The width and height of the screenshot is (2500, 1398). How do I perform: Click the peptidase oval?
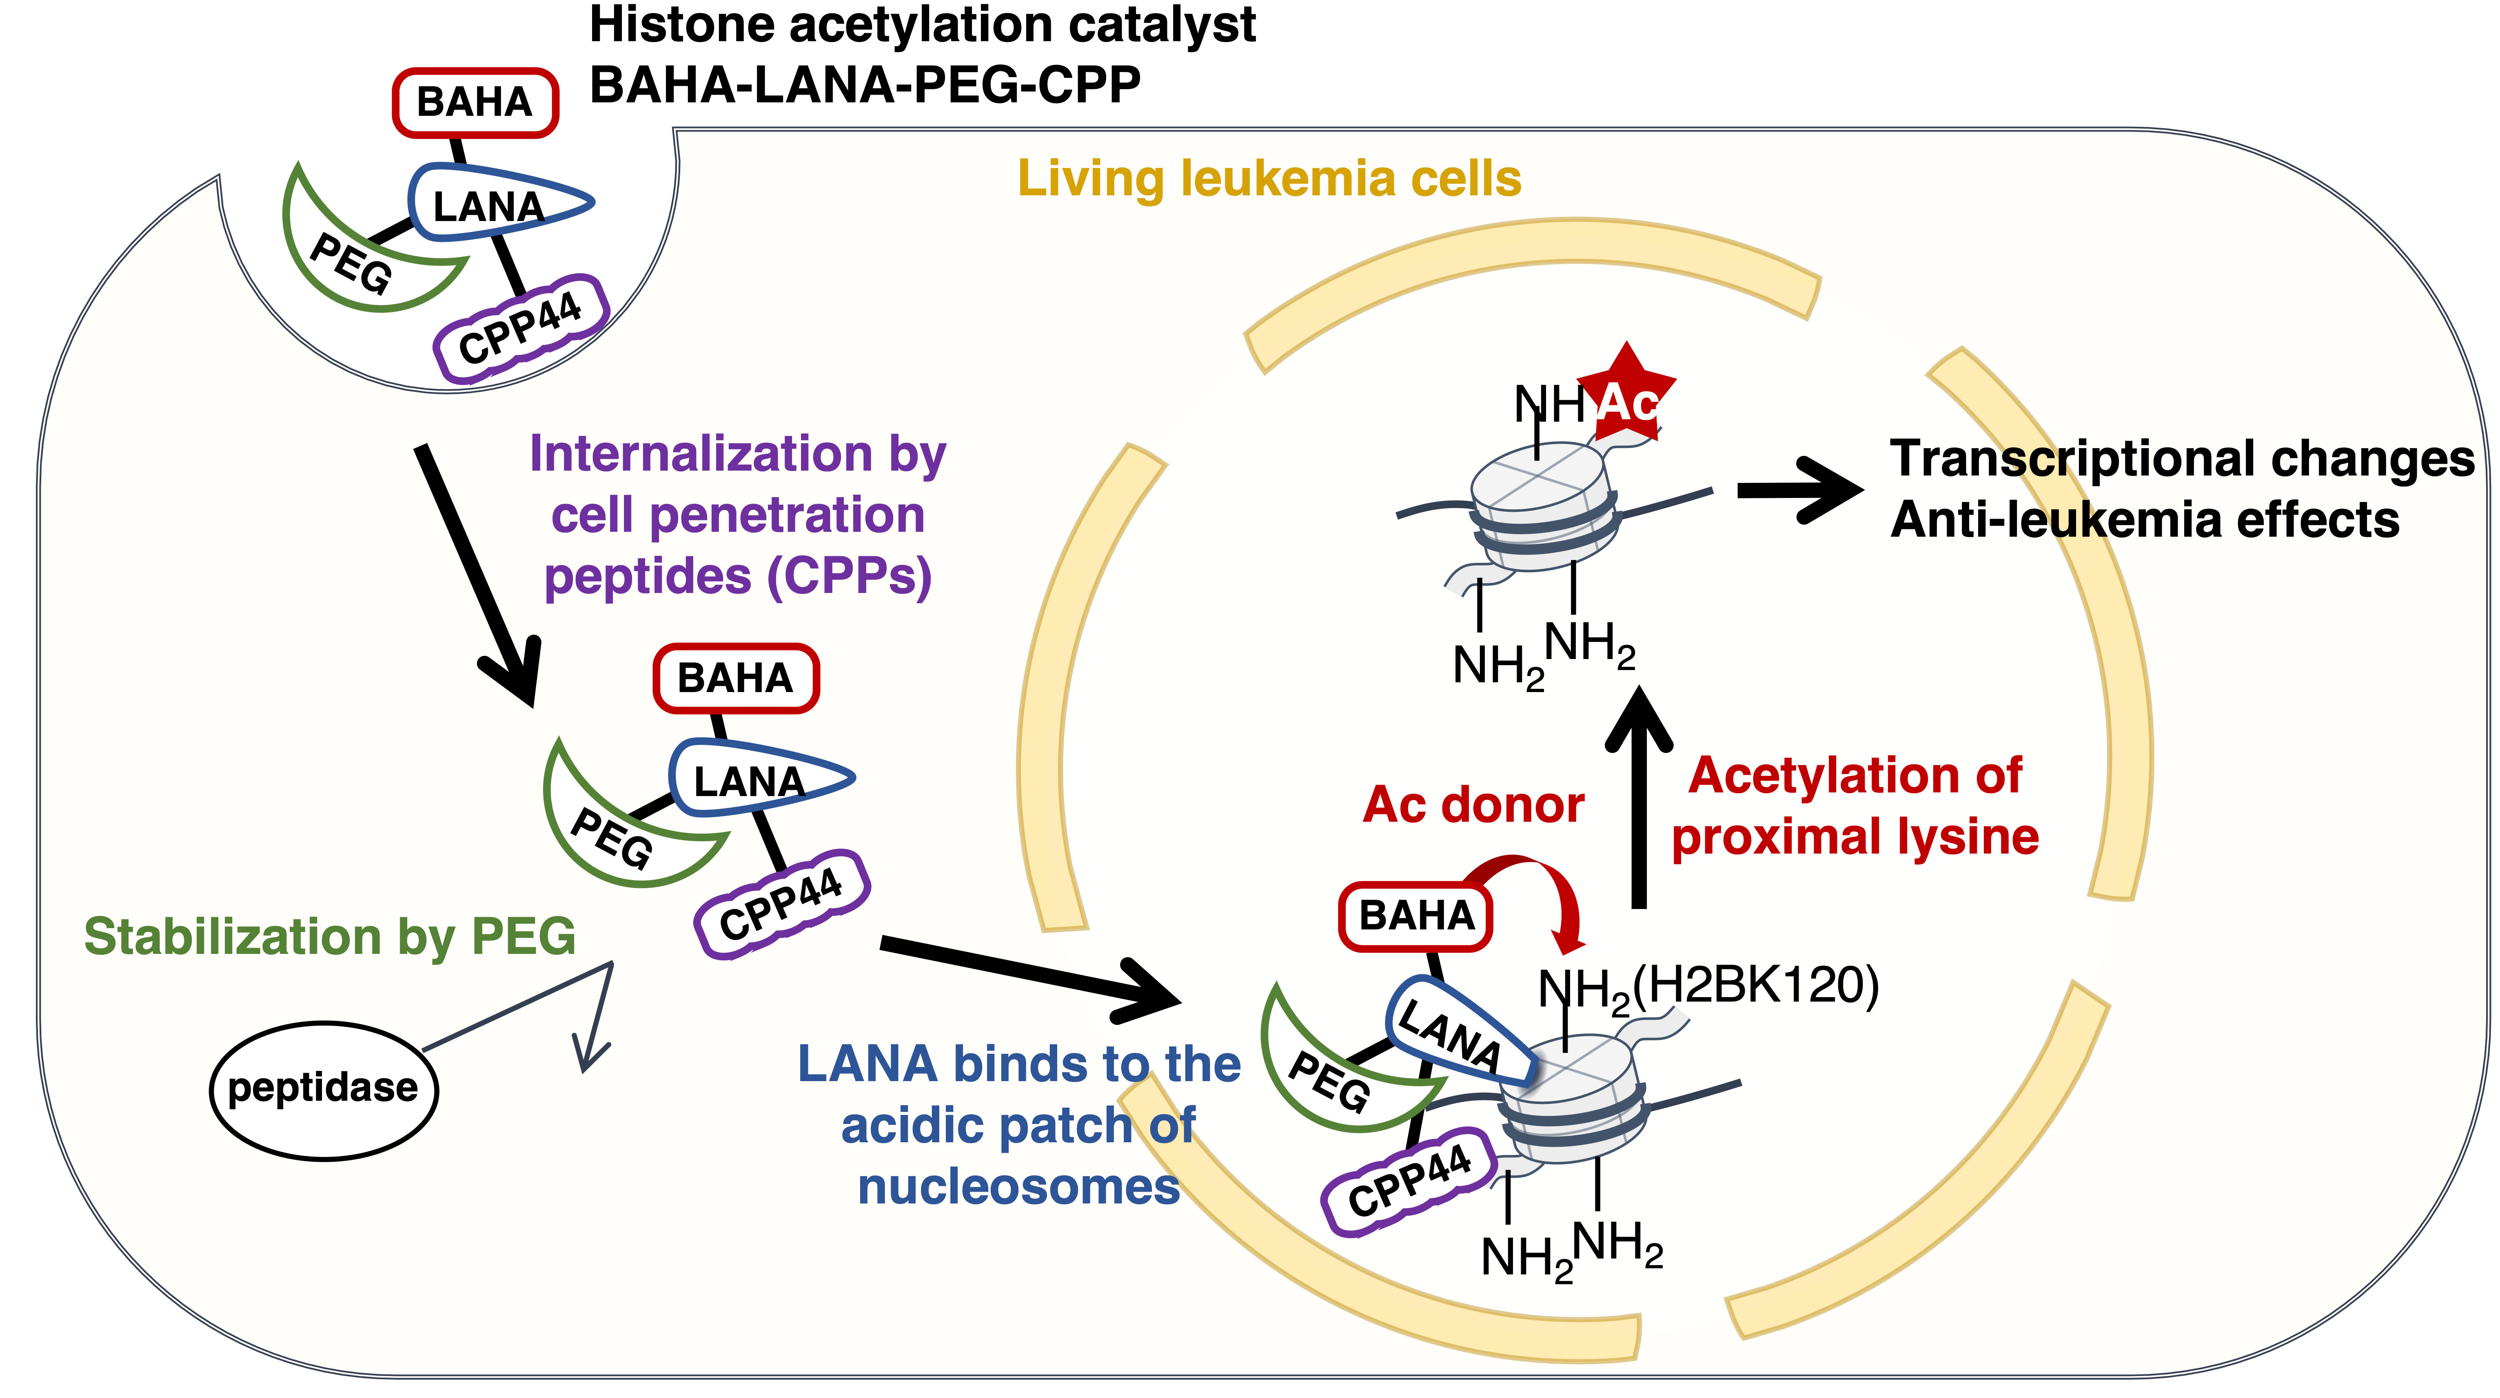tap(323, 1090)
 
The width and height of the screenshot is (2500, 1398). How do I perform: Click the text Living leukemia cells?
tap(1269, 179)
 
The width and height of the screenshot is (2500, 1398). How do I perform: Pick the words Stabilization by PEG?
tap(330, 937)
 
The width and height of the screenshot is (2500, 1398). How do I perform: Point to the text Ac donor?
tap(1473, 805)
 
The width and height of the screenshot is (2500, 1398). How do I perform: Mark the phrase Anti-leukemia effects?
tap(2145, 520)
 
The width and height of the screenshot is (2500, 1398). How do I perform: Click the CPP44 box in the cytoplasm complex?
tap(781, 905)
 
